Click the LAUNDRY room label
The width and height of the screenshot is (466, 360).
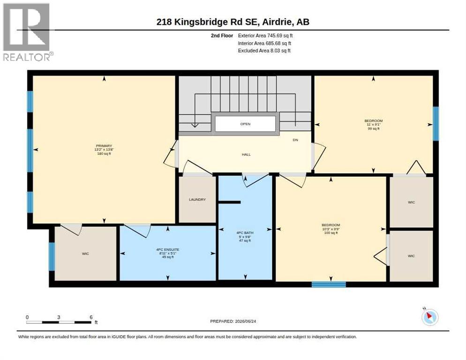point(197,200)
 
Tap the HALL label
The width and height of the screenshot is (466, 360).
point(246,155)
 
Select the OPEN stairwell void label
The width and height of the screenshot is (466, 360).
point(245,124)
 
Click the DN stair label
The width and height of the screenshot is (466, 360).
point(295,140)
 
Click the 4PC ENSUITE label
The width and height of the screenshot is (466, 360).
point(168,250)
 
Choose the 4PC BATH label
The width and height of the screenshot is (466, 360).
point(245,233)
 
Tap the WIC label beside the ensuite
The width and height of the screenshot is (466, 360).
point(85,254)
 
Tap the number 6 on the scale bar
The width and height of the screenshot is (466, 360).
point(91,317)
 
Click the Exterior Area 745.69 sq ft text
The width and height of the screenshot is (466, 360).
point(265,36)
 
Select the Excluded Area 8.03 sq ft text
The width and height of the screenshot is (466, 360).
point(264,51)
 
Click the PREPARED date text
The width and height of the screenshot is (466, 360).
point(233,322)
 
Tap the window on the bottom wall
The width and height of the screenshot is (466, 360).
point(329,285)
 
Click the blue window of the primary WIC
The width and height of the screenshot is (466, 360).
point(52,256)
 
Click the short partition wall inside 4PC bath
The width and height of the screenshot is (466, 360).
point(229,202)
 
